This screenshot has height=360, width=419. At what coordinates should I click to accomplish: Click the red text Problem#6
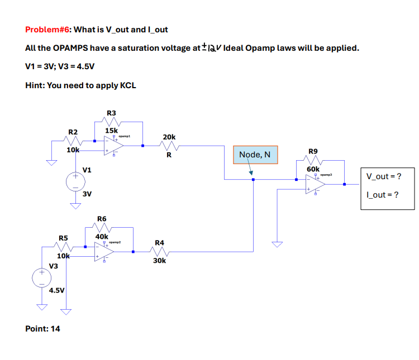pyautogui.click(x=48, y=29)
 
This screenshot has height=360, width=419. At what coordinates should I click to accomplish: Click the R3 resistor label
pyautogui.click(x=111, y=113)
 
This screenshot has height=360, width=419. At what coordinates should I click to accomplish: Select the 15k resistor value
pyautogui.click(x=111, y=130)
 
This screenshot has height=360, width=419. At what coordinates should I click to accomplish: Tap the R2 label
pyautogui.click(x=73, y=132)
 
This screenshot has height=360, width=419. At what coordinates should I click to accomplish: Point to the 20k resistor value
pyautogui.click(x=169, y=136)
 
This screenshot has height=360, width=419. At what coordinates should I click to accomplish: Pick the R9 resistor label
pyautogui.click(x=313, y=151)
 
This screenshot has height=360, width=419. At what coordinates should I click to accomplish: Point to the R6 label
pyautogui.click(x=102, y=218)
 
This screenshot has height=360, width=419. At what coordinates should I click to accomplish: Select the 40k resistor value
pyautogui.click(x=102, y=236)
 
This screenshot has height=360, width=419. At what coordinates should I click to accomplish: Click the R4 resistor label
pyautogui.click(x=159, y=243)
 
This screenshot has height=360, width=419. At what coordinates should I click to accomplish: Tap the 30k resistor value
pyautogui.click(x=159, y=261)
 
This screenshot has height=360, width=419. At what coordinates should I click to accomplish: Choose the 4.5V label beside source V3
pyautogui.click(x=57, y=290)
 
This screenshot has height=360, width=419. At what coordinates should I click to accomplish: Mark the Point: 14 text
pyautogui.click(x=43, y=328)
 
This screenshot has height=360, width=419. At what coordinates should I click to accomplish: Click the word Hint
pyautogui.click(x=35, y=85)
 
